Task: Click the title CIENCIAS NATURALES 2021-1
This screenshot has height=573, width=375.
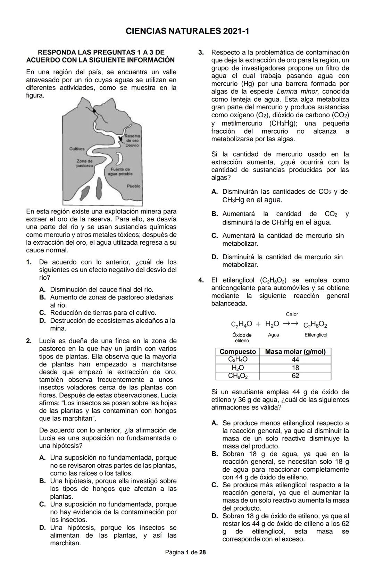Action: tap(187, 31)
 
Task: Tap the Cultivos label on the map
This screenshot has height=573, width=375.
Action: tap(77, 149)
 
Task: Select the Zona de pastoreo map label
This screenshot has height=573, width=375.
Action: tap(85, 163)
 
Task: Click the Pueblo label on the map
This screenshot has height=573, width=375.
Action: tap(134, 186)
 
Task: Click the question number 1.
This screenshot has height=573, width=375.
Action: tap(29, 262)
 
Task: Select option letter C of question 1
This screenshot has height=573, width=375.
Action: tap(42, 313)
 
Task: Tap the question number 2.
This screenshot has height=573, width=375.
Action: tap(29, 341)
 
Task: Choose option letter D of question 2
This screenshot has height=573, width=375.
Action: tap(42, 528)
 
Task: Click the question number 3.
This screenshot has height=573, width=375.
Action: tap(201, 53)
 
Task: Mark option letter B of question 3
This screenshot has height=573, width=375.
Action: tap(215, 214)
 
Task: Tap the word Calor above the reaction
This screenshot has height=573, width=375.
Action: tap(292, 314)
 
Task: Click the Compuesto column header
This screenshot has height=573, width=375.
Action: tap(237, 352)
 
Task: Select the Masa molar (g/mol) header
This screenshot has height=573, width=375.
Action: tap(295, 352)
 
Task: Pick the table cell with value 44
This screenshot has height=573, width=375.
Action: tap(295, 360)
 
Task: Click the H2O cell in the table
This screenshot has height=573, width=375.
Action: tap(237, 368)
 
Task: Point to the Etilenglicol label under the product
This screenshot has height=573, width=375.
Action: tap(316, 335)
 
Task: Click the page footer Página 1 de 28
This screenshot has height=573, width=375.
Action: tap(185, 552)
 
